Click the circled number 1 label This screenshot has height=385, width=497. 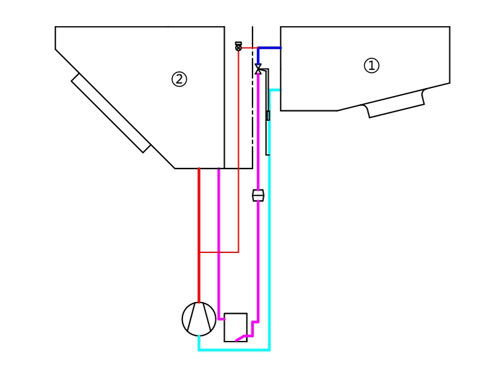tap(371, 66)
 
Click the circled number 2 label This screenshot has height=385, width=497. tap(179, 79)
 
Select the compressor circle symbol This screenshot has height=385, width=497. tap(199, 319)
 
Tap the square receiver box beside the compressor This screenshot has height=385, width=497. tap(235, 327)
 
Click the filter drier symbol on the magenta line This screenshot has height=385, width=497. tap(258, 196)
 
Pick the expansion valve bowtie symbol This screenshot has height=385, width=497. tap(258, 68)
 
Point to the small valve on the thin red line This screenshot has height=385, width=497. tap(238, 46)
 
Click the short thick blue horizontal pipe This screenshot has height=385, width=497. tap(270, 48)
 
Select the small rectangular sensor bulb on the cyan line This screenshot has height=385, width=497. tap(268, 115)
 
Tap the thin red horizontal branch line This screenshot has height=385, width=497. tap(218, 252)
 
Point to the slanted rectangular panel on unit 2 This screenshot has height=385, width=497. tap(110, 113)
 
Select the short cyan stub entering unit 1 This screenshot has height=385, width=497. tap(275, 90)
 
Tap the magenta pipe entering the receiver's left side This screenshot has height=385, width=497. tap(221, 319)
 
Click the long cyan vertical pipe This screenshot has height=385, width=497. tap(269, 248)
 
